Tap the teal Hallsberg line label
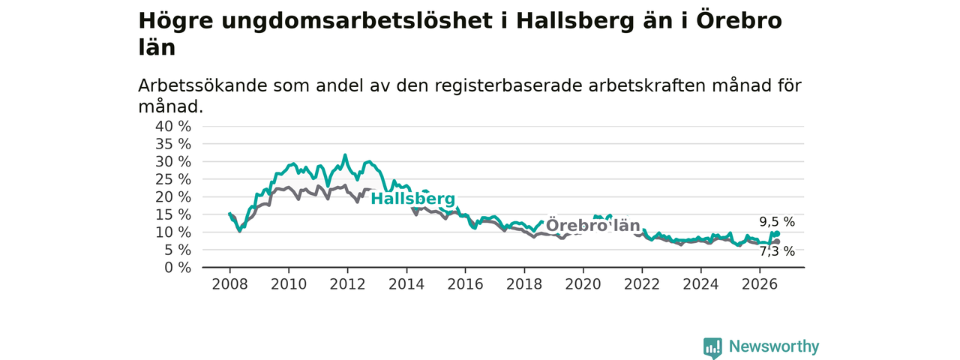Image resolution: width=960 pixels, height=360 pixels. point(412,199)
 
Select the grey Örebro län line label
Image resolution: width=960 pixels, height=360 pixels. point(593,226)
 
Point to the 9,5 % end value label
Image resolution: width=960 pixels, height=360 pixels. point(777,222)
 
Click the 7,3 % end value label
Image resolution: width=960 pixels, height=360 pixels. point(777,251)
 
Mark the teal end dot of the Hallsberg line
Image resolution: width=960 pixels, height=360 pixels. point(777,233)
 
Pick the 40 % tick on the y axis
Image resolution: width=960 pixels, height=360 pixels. point(173,127)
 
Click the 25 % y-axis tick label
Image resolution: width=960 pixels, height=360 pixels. point(173,179)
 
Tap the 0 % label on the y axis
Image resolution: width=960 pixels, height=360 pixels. point(178,268)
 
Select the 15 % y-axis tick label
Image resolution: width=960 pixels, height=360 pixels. point(173,214)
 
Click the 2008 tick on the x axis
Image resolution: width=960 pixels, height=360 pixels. point(229,284)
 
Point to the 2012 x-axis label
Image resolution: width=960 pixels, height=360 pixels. point(347,284)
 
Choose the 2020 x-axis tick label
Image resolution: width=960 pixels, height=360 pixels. point(583,284)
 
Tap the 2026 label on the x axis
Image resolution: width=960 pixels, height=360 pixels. point(760,284)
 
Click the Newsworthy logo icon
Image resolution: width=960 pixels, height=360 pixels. point(712,348)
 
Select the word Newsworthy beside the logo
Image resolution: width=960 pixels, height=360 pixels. point(774,346)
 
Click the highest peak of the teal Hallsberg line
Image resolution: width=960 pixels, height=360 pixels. point(345,155)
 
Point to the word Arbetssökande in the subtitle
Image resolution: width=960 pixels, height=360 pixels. point(202,85)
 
